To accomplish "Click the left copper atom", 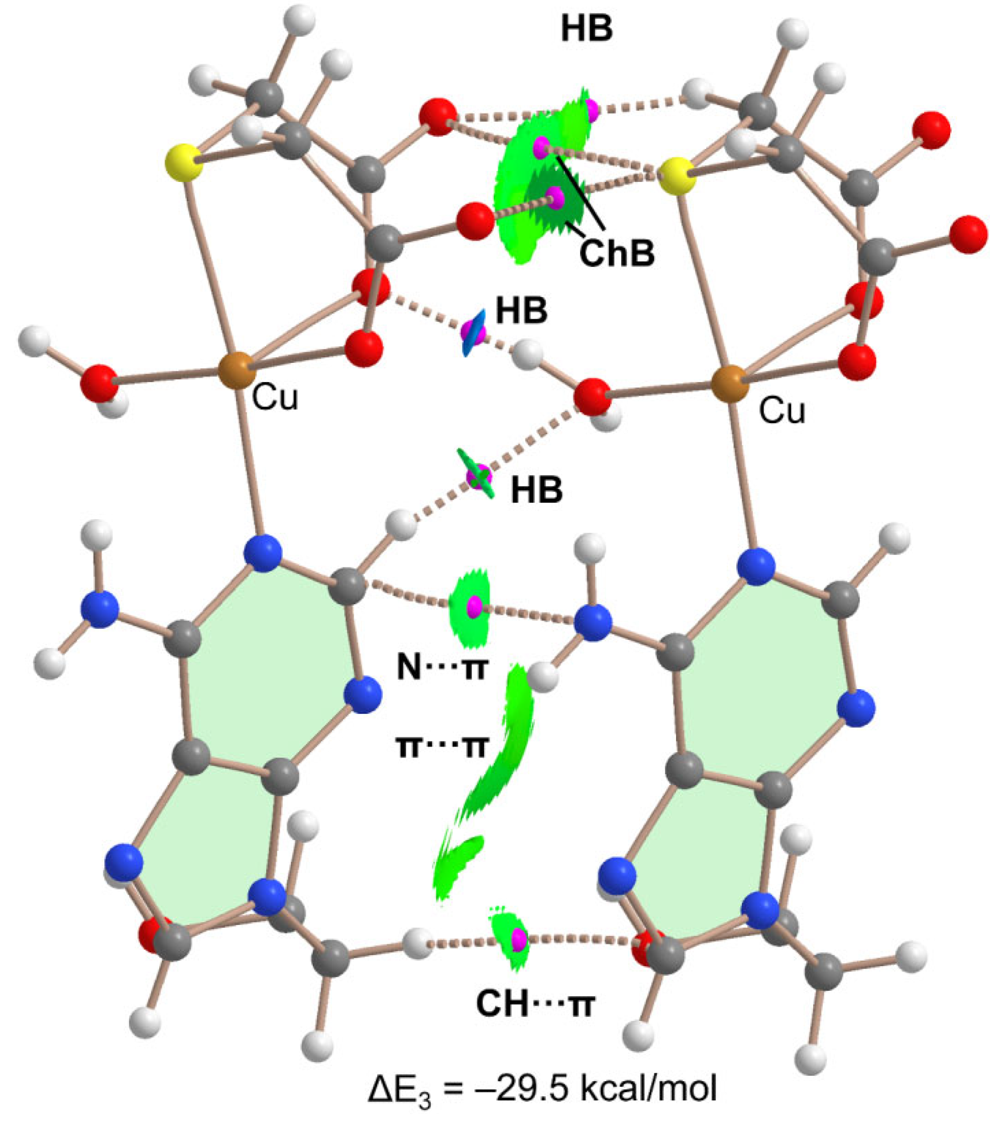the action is coord(236,370).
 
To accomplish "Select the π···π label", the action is coord(442,747).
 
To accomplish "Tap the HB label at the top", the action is coord(586,29).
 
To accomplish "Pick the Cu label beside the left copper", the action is coord(275,398).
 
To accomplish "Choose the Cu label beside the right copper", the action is coord(782,411).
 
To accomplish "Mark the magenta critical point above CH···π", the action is coord(518,939).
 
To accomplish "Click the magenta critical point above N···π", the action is coord(474,606).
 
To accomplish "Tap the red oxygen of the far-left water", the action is coord(98,383).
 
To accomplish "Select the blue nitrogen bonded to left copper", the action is coord(263,553).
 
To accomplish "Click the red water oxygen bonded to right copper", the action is coord(593,396).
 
